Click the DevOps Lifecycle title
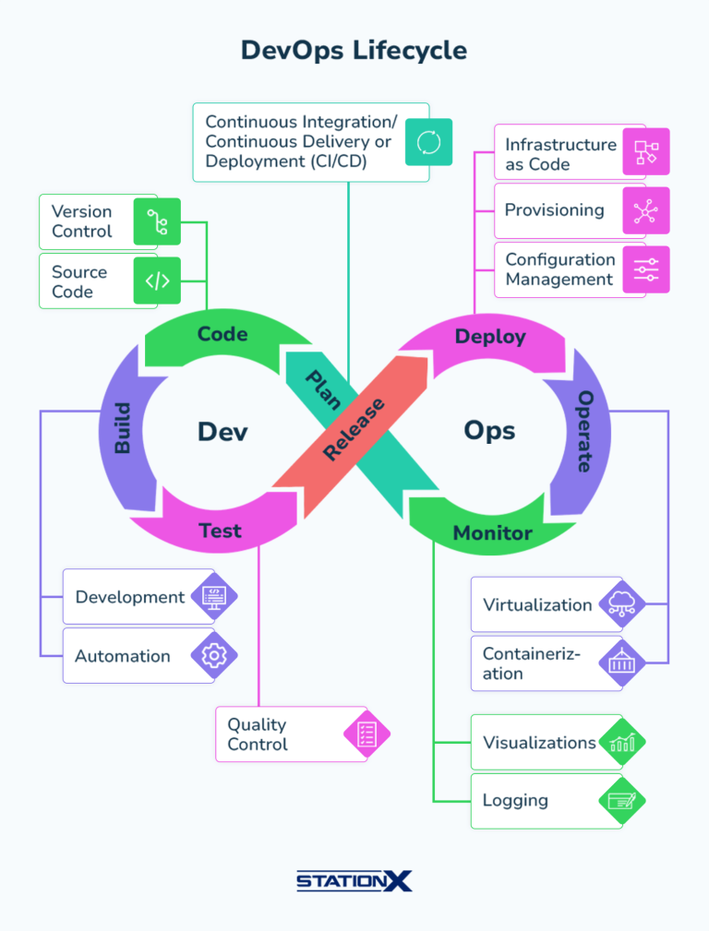click(354, 50)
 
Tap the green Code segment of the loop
click(222, 334)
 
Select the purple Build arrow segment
click(123, 427)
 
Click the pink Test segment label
click(221, 531)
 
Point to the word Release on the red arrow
click(354, 430)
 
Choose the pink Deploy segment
click(490, 337)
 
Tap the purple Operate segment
click(584, 431)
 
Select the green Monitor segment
click(492, 533)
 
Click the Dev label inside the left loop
click(222, 432)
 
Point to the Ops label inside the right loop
click(489, 431)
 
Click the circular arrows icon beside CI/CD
click(429, 142)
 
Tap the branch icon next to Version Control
click(157, 222)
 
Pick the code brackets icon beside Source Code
click(157, 280)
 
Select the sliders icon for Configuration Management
click(646, 269)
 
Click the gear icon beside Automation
click(214, 656)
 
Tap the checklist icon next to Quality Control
click(367, 734)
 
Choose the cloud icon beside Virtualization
click(622, 605)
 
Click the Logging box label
click(515, 801)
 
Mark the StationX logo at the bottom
click(354, 881)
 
